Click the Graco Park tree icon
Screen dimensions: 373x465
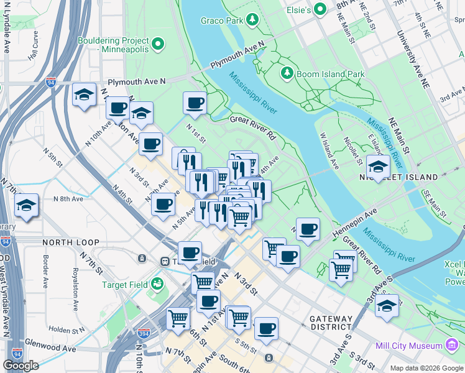pos(252,21)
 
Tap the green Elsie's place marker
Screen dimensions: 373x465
pos(320,9)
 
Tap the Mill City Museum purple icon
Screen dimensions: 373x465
pos(452,345)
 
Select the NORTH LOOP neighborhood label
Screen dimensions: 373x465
pos(67,242)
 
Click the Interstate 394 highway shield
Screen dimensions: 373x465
pos(144,334)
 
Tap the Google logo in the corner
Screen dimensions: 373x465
pos(21,366)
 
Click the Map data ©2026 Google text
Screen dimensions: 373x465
pos(426,368)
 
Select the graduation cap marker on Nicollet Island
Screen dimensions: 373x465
pos(378,166)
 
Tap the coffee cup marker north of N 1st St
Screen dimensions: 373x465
pos(195,103)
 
